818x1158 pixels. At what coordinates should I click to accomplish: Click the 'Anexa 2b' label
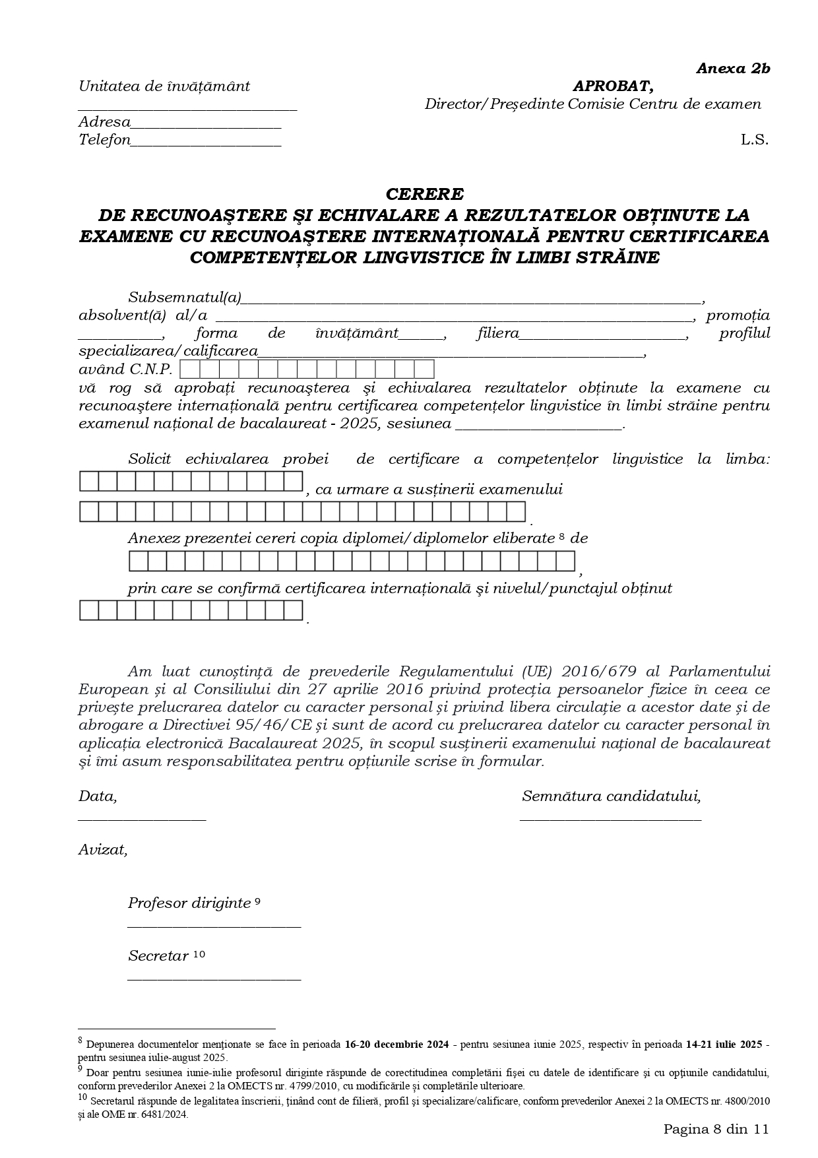pos(733,69)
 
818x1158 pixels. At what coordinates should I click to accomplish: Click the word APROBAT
pos(613,86)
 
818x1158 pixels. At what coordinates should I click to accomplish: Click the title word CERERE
pos(424,194)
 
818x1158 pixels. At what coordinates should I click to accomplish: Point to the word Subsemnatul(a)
pos(185,298)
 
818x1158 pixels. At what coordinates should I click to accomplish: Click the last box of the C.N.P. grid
pos(424,369)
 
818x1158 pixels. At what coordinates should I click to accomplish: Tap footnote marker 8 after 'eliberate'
pos(561,537)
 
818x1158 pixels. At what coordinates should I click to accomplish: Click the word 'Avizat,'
pos(103,850)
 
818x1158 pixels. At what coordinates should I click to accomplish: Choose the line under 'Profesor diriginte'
pos(214,926)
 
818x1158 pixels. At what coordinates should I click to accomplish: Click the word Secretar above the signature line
pos(158,956)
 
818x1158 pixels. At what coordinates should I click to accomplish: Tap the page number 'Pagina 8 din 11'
pos(716,1129)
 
